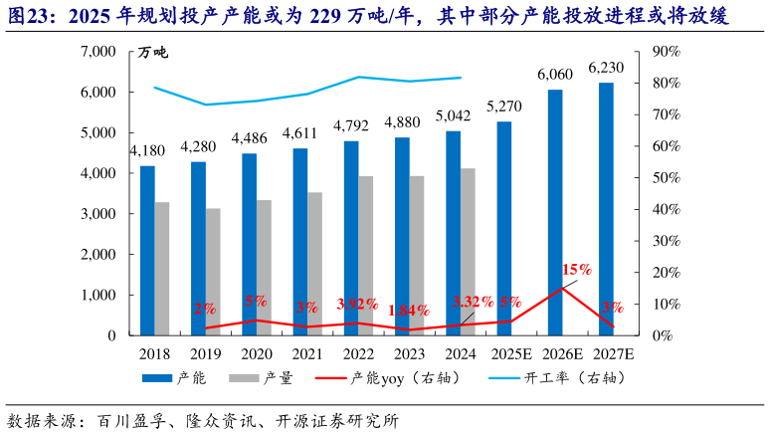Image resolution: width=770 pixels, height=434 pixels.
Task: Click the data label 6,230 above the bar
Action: tap(606, 68)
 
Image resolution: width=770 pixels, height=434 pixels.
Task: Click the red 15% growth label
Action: tap(577, 269)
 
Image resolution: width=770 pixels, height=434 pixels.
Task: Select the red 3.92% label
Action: tap(357, 303)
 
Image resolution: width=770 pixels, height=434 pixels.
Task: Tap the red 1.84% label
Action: tap(409, 310)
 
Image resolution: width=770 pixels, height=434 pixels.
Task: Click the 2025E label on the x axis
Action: tap(505, 352)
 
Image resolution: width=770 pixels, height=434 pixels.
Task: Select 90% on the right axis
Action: tap(666, 51)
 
